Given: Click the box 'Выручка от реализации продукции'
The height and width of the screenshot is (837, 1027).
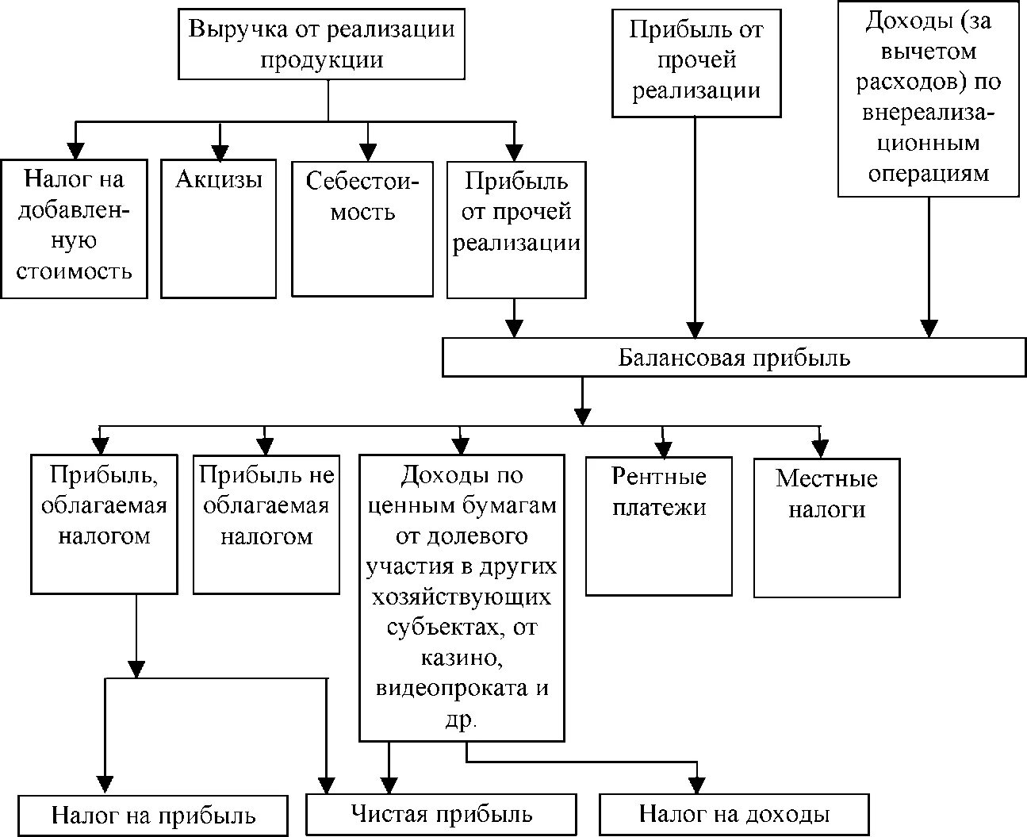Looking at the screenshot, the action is (322, 44).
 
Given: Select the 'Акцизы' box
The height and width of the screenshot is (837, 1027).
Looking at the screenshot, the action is (218, 228).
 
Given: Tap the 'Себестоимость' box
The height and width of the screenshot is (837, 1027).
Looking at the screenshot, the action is (362, 228).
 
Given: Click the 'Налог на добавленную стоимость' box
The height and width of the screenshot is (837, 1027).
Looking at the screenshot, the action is (75, 228).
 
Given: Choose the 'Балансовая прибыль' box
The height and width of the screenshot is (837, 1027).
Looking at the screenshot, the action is (734, 357).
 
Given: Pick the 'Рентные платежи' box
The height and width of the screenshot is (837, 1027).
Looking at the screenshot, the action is (659, 526).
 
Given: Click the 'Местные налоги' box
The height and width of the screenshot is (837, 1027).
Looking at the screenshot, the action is (827, 528).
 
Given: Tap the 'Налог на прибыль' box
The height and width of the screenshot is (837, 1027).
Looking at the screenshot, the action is (153, 816).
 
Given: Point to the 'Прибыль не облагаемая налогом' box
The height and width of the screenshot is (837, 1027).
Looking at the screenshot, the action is (266, 524).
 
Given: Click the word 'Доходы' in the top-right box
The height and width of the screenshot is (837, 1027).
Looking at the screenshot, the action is (901, 21).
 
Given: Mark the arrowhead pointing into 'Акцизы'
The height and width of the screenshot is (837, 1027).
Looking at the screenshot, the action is (220, 152).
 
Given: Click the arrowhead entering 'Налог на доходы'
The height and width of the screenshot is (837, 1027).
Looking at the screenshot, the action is (698, 785).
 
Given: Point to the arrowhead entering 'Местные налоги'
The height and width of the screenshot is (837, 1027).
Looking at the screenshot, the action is (820, 449).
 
